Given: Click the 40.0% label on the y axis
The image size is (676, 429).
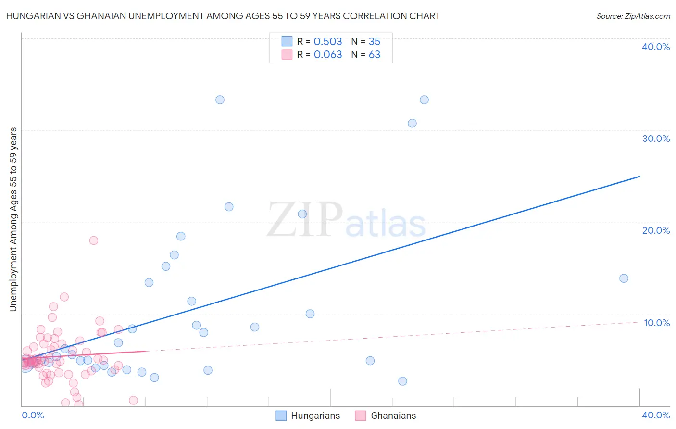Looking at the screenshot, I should (656, 47).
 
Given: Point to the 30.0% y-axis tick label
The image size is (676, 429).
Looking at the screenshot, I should (656, 139).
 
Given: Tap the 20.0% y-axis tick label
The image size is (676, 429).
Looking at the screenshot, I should (656, 230).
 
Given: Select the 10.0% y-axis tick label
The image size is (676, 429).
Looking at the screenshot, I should (657, 323).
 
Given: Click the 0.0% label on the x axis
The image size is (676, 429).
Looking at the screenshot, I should (33, 415).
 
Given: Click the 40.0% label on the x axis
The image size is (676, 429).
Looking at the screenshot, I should (656, 415).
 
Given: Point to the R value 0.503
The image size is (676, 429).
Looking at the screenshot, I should (327, 41).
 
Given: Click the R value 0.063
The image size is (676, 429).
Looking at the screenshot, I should (327, 55).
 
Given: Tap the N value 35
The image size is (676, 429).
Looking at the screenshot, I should (374, 41).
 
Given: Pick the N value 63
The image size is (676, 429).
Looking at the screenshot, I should (374, 55).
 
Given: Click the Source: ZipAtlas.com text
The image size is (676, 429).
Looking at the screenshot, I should (633, 16).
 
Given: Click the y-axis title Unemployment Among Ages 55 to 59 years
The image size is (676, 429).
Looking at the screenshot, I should (13, 219).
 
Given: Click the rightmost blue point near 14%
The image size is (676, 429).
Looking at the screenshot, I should (624, 278).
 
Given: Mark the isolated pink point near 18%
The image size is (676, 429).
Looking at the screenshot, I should (94, 240).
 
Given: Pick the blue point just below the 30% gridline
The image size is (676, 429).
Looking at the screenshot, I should (412, 123).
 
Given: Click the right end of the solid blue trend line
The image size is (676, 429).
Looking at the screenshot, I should (639, 177).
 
